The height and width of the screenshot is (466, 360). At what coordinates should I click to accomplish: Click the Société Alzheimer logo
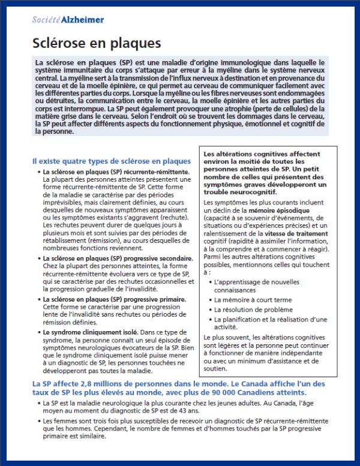point(67,20)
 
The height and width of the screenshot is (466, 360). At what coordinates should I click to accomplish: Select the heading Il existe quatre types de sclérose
point(112,161)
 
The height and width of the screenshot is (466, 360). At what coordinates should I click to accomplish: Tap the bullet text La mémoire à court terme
point(253,300)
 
